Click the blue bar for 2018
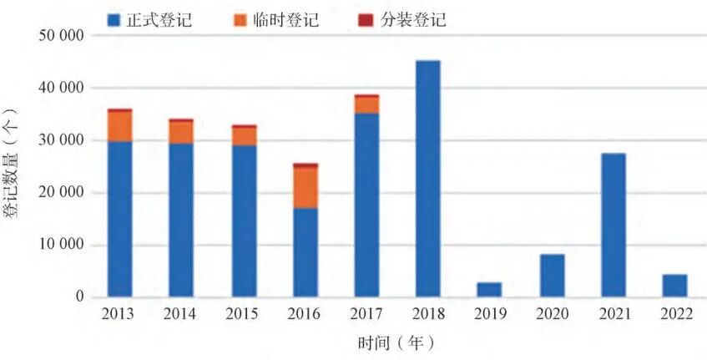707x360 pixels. tap(428, 179)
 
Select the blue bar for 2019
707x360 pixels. tap(490, 290)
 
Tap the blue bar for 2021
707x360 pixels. tap(614, 225)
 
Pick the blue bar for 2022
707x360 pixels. tap(675, 286)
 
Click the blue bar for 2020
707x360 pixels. tap(552, 276)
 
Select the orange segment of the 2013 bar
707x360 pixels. tap(119, 126)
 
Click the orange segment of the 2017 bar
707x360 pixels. tap(366, 105)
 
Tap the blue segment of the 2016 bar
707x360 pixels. tap(305, 252)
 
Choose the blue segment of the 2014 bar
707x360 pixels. tap(181, 221)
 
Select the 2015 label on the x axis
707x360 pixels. tap(243, 314)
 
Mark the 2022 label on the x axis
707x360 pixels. tap(675, 314)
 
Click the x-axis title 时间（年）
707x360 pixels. tap(396, 342)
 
